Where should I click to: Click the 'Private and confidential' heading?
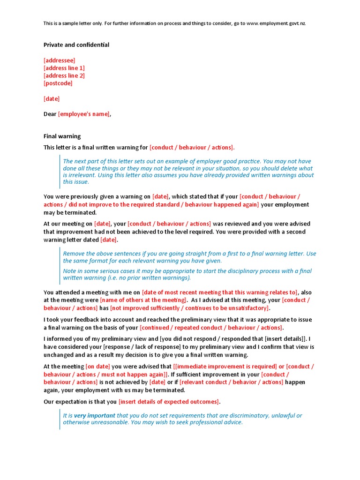[76, 45]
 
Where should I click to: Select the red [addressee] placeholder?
[59, 60]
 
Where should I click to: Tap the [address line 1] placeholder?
[64, 68]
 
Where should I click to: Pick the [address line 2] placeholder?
[64, 75]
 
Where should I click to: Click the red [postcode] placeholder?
[58, 83]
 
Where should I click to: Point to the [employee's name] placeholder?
[84, 114]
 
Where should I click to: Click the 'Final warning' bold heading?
[62, 136]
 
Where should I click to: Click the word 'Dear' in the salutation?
[50, 114]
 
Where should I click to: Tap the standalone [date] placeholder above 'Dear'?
[52, 99]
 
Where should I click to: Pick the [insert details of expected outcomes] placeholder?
[169, 402]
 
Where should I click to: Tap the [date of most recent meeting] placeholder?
[219, 292]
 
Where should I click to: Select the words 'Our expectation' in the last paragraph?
[65, 402]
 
